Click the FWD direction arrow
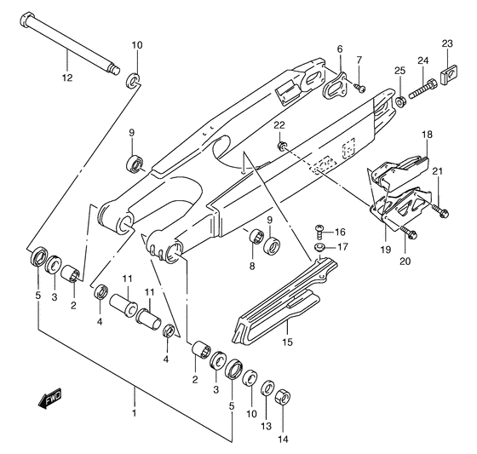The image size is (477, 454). tap(49, 398)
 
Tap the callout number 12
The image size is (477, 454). tap(67, 78)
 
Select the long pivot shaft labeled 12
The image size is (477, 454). tap(69, 43)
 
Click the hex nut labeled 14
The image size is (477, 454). tap(283, 398)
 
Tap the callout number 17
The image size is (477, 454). tap(342, 246)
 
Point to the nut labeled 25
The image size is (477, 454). tap(400, 101)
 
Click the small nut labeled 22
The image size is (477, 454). tap(281, 145)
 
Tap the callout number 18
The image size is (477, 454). tap(427, 135)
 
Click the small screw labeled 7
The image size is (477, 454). tap(359, 88)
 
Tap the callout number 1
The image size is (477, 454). tap(135, 413)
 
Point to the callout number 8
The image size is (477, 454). tap(252, 267)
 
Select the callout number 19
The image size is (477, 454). tap(385, 250)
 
